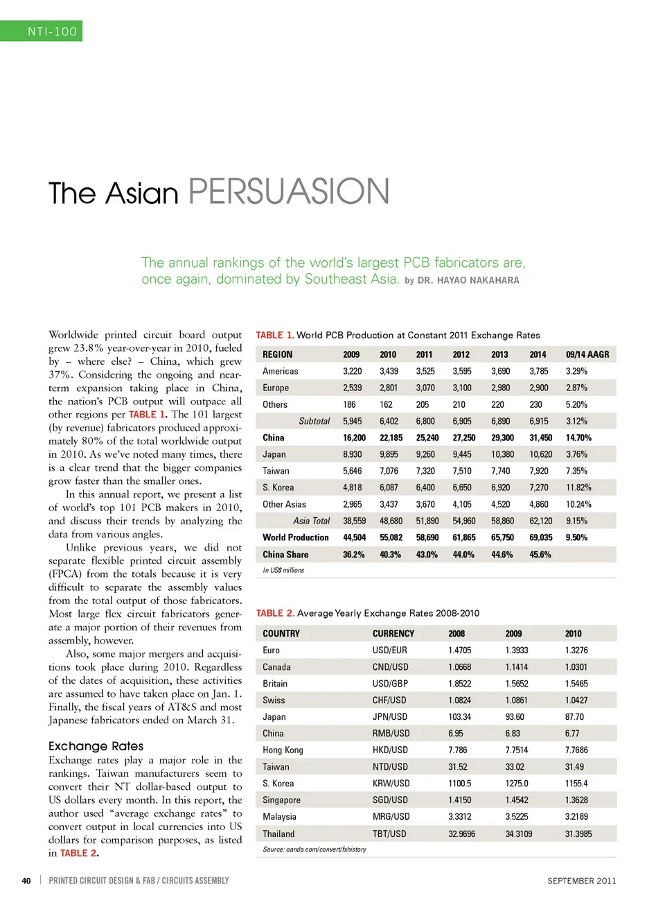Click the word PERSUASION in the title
tap(288, 192)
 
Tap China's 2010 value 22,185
tap(391, 438)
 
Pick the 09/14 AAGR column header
tap(587, 354)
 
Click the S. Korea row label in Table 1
tap(278, 488)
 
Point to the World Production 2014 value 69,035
tap(540, 538)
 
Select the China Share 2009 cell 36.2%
tap(353, 555)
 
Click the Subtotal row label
tap(314, 422)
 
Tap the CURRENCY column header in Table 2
tap(393, 634)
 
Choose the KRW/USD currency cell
tap(391, 784)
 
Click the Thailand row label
tap(278, 834)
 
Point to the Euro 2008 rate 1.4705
tap(459, 650)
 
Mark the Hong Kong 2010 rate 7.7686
tap(576, 750)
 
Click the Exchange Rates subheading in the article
tap(96, 746)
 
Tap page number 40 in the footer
tap(26, 881)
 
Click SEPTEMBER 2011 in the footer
tap(581, 881)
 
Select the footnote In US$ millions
tap(283, 571)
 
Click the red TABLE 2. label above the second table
tap(275, 614)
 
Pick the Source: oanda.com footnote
tap(314, 850)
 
